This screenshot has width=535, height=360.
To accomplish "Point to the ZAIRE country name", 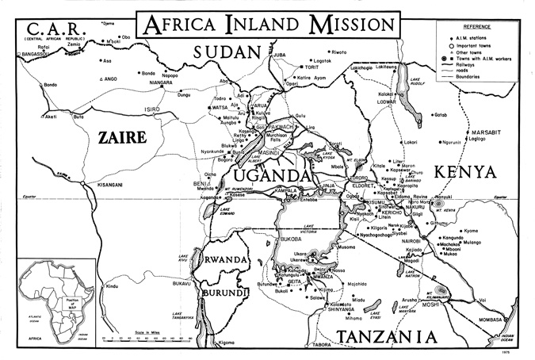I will tap(121, 137).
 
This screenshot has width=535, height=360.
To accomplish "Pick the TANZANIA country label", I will tap(396, 336).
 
